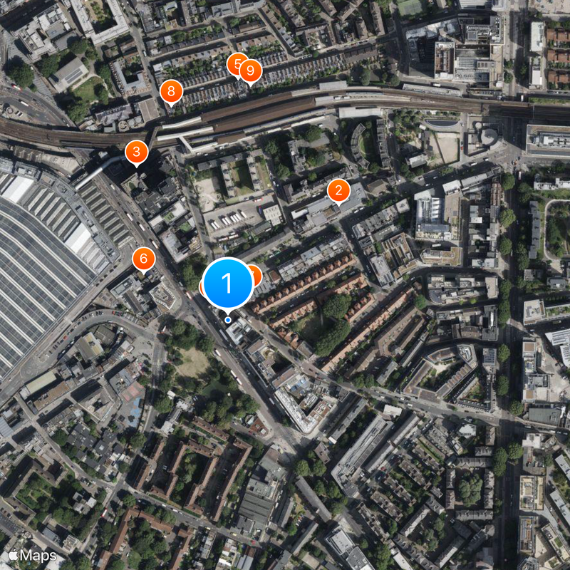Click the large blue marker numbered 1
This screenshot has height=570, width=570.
tap(228, 283)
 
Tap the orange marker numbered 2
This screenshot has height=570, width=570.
tap(338, 190)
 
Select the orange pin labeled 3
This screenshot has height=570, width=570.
tap(136, 152)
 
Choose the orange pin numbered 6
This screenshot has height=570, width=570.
tap(144, 259)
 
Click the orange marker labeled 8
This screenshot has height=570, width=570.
tap(171, 91)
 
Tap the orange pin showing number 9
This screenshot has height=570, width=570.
tap(251, 71)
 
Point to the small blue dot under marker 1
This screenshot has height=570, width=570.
tap(228, 320)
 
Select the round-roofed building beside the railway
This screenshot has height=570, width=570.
tap(489, 135)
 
